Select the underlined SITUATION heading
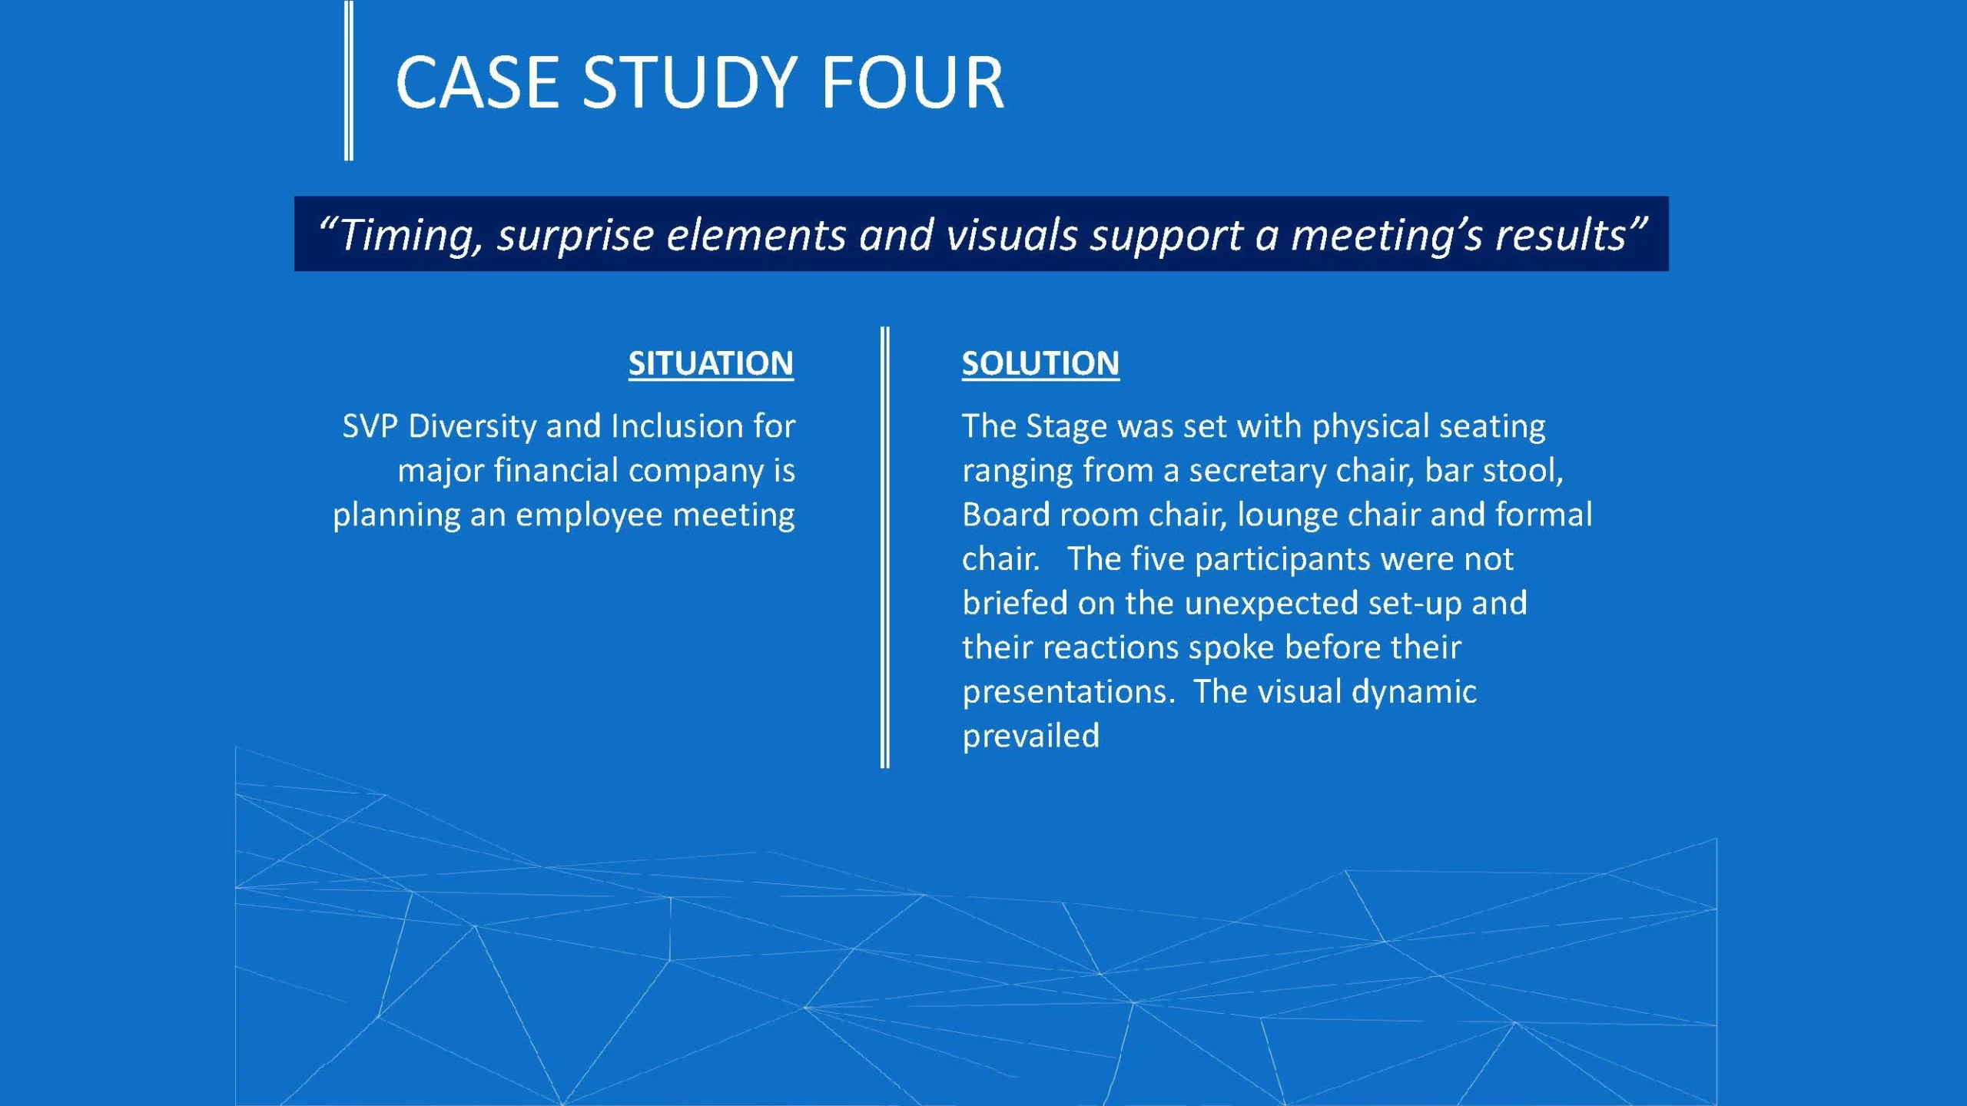711,363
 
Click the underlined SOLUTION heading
1040,363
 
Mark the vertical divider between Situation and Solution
885,547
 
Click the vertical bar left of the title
349,80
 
